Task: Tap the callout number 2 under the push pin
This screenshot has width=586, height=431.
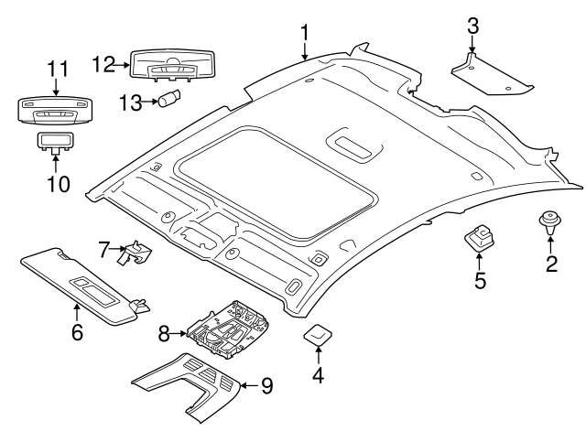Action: coord(551,265)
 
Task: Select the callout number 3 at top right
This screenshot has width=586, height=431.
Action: coord(472,26)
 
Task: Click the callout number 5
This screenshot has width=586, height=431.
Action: coord(480,280)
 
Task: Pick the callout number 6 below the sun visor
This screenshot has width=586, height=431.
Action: coord(77,332)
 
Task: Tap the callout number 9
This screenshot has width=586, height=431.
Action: coord(266,386)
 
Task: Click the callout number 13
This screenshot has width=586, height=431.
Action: coord(131,102)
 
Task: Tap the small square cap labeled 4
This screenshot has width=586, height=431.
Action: coord(318,336)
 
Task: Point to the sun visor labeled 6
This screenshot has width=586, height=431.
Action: coord(81,285)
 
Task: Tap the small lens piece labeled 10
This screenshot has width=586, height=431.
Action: coord(54,141)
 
